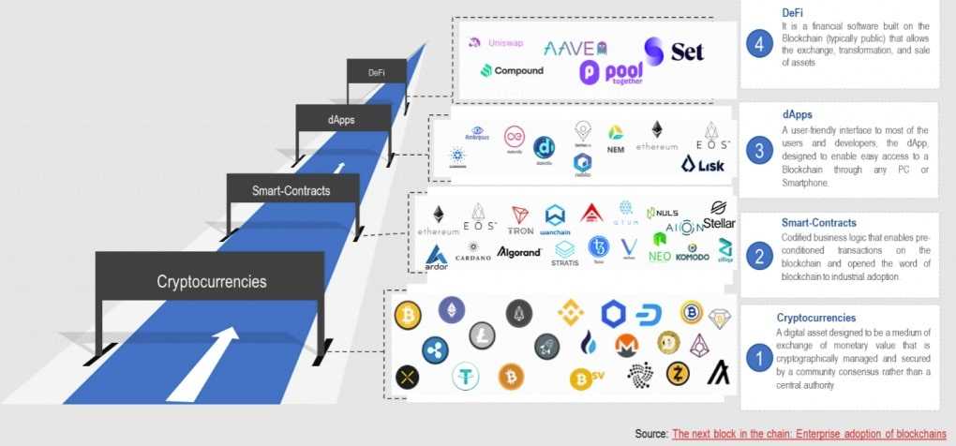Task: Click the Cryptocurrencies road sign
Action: tap(211, 281)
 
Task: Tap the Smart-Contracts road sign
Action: tap(291, 191)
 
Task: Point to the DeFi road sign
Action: tap(376, 72)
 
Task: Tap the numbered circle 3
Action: tap(760, 151)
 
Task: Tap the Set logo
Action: tap(674, 52)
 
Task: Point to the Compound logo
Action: tap(512, 70)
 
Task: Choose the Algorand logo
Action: tap(518, 253)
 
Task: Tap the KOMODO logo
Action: tap(693, 253)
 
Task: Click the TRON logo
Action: tap(520, 220)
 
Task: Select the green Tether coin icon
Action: tap(465, 377)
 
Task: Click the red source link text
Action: tap(809, 434)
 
